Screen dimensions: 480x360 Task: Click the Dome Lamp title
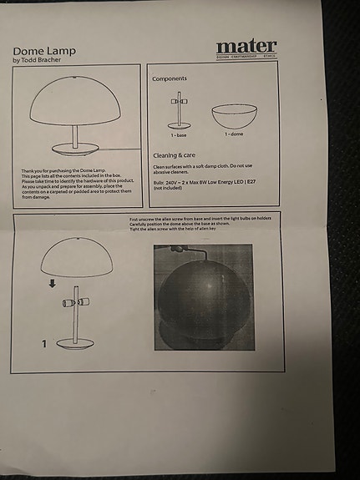44,50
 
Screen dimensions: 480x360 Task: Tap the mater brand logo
246,47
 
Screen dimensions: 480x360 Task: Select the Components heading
170,78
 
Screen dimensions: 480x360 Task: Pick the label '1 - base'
179,134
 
